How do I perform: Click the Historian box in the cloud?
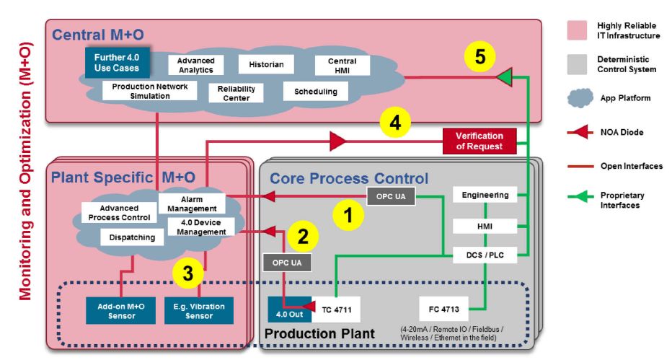click(x=266, y=64)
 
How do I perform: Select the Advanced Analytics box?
click(x=196, y=65)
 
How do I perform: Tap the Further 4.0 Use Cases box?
click(x=117, y=63)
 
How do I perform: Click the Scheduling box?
click(x=315, y=92)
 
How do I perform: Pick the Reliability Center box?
click(x=236, y=93)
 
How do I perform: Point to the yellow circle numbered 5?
click(x=480, y=56)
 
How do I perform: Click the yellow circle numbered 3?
click(x=187, y=273)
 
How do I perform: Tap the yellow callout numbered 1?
click(x=348, y=215)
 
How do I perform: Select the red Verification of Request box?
click(x=479, y=141)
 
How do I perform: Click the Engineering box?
click(x=485, y=195)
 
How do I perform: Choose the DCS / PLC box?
click(x=485, y=255)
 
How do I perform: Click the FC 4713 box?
click(x=443, y=309)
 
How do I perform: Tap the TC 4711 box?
click(x=336, y=309)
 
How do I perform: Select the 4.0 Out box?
click(x=289, y=309)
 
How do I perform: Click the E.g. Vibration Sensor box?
click(x=199, y=311)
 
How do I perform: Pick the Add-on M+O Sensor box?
click(x=121, y=311)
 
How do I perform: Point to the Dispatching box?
click(x=132, y=237)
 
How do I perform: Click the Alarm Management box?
click(x=192, y=204)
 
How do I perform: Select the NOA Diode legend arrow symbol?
click(x=580, y=133)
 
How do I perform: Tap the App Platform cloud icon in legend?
click(x=580, y=98)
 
